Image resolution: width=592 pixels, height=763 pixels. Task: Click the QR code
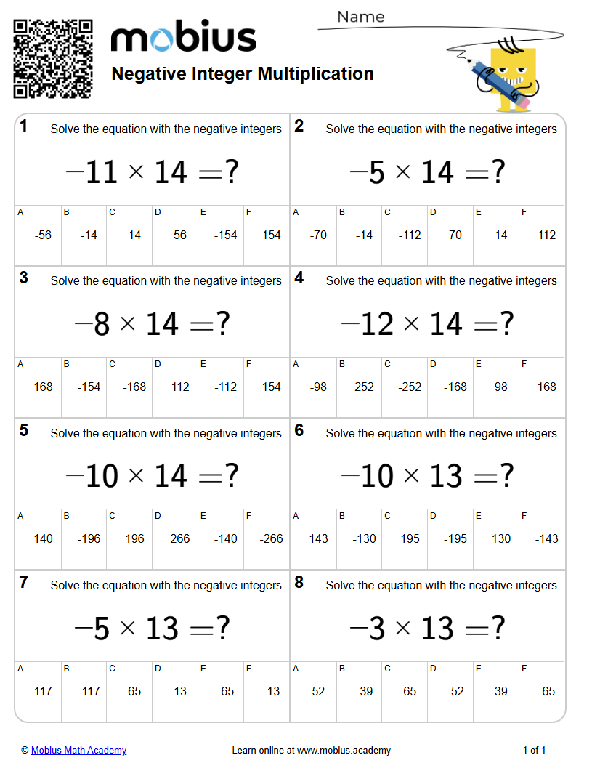tap(53, 58)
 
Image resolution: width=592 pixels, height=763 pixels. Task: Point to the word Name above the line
tap(360, 17)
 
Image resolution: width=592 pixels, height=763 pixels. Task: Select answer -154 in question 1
tap(225, 235)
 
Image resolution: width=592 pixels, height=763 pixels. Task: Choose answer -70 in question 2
tap(318, 235)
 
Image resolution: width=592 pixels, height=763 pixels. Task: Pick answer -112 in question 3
tap(225, 387)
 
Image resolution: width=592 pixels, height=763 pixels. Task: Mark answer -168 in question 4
tap(455, 387)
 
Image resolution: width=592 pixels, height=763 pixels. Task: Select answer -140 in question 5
tap(225, 538)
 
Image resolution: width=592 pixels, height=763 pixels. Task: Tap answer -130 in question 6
tap(364, 538)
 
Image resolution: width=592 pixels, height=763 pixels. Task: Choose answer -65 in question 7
tap(225, 691)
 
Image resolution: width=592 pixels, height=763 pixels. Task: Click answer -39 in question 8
tap(364, 691)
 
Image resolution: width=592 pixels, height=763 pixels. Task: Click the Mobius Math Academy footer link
tap(78, 750)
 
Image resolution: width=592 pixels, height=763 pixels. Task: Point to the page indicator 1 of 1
tap(534, 750)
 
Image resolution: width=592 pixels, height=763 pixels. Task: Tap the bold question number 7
tap(24, 582)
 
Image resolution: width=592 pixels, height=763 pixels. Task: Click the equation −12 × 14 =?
tap(427, 324)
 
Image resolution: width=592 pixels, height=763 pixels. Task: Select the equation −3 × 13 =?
tap(427, 629)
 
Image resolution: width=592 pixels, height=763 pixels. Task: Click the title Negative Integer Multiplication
tap(243, 73)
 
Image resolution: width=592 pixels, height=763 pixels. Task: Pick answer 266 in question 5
tap(179, 538)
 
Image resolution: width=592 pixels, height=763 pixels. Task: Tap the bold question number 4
tap(299, 278)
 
